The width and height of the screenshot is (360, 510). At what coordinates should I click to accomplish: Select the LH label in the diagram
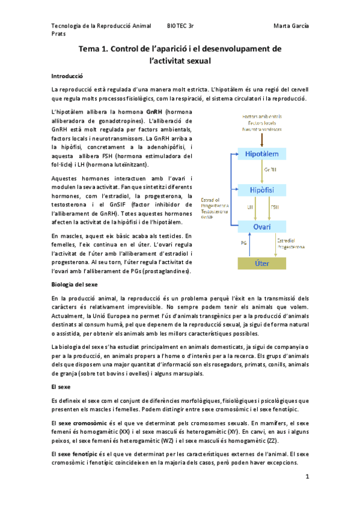click(250, 207)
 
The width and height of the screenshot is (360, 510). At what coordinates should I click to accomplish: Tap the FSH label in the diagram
click(275, 207)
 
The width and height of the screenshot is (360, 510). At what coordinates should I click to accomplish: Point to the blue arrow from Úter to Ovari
click(251, 245)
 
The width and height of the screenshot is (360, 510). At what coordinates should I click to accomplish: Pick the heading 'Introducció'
click(67, 77)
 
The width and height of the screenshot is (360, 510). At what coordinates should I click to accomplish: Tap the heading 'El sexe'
click(62, 386)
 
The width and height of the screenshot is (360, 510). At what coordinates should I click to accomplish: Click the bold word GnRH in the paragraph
click(155, 112)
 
